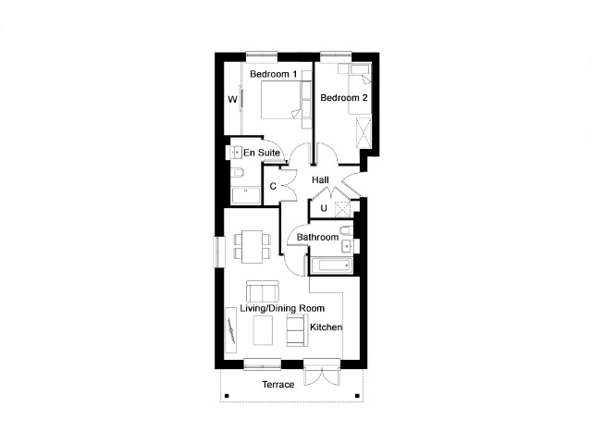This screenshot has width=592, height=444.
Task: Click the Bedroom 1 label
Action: [x=274, y=74]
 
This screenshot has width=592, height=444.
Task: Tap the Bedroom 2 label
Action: [x=343, y=98]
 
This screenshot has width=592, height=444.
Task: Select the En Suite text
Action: [x=262, y=153]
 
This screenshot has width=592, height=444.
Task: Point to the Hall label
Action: [x=320, y=180]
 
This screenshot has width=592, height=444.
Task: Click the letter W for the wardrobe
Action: [x=232, y=100]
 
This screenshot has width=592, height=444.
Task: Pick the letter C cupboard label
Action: [x=273, y=186]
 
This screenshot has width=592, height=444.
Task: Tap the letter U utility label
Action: [x=324, y=208]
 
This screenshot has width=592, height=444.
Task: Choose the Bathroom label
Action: [x=317, y=237]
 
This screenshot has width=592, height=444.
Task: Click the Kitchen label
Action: [x=327, y=327]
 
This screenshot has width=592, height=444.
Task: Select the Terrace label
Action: [x=278, y=385]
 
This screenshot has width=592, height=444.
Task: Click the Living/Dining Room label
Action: [x=282, y=308]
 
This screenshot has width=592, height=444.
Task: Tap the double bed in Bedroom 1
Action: [x=281, y=101]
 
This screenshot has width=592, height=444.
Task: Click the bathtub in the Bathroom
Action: [x=331, y=265]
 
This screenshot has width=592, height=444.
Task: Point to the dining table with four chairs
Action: [x=253, y=247]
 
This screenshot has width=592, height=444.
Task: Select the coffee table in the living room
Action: [x=263, y=330]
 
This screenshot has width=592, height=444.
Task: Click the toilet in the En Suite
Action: [x=237, y=173]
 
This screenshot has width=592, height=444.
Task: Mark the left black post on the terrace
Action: [x=227, y=396]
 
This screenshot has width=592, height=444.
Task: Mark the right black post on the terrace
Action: [x=357, y=396]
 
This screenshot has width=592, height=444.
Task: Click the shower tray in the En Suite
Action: [x=246, y=195]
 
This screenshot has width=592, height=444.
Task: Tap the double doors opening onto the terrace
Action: [x=322, y=376]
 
